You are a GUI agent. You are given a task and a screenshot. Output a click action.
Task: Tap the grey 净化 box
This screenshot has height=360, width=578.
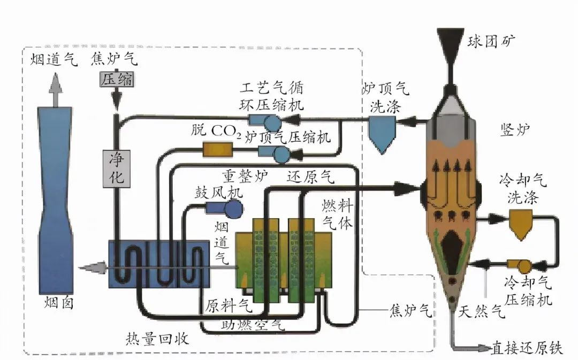(117, 168)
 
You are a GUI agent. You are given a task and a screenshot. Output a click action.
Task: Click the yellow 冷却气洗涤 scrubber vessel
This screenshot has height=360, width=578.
(521, 221)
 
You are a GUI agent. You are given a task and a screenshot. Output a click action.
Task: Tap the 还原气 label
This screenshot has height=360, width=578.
(311, 175)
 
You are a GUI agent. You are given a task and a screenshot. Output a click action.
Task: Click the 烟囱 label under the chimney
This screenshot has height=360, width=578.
(59, 303)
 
